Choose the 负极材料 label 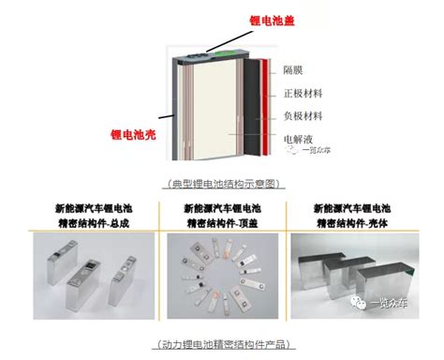303,116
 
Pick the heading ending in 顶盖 221,215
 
